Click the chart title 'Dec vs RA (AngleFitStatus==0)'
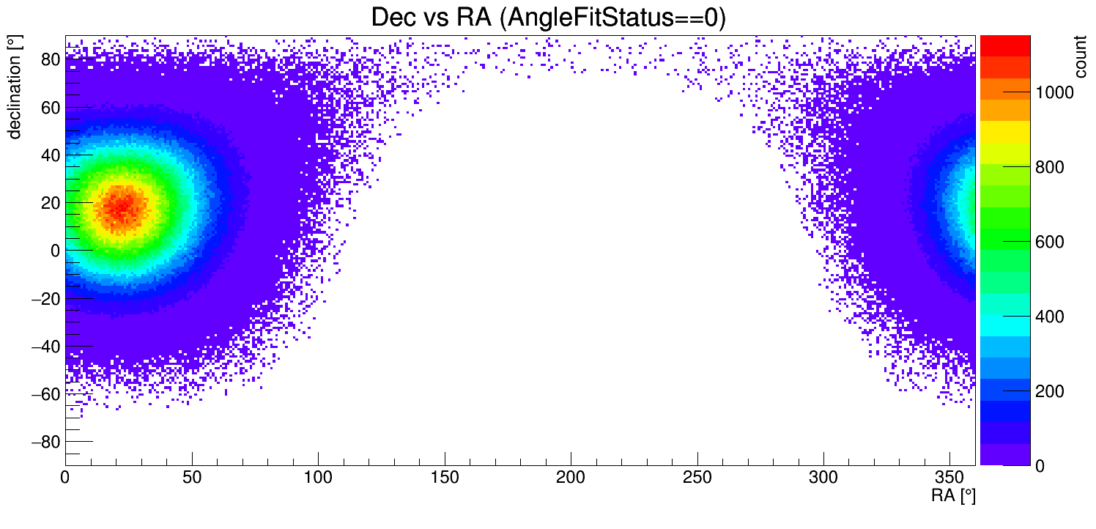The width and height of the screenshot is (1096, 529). pyautogui.click(x=548, y=18)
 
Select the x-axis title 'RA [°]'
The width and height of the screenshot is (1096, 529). pyautogui.click(x=953, y=496)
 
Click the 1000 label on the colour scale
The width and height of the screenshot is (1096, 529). pyautogui.click(x=1054, y=92)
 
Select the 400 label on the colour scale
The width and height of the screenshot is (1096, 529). pyautogui.click(x=1049, y=317)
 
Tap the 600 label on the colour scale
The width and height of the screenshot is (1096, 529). pyautogui.click(x=1049, y=242)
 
